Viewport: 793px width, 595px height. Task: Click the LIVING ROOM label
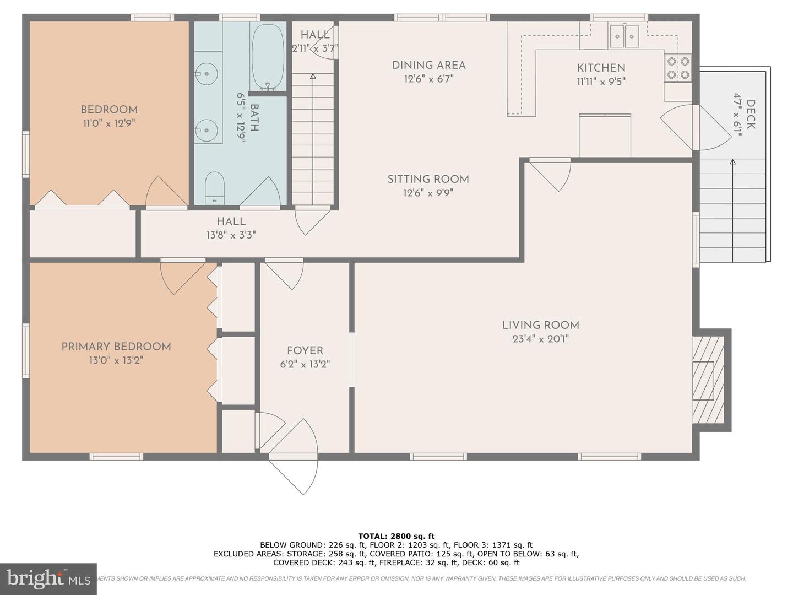pyautogui.click(x=540, y=325)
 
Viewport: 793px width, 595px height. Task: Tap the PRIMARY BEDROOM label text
pyautogui.click(x=116, y=347)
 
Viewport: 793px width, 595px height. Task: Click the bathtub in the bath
pyautogui.click(x=268, y=56)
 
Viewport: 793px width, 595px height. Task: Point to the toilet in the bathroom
pyautogui.click(x=214, y=188)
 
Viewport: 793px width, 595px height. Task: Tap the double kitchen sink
pyautogui.click(x=624, y=36)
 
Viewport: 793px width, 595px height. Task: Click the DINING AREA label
pyautogui.click(x=428, y=65)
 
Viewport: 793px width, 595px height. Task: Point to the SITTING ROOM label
pyautogui.click(x=428, y=179)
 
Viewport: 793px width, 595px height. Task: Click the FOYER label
pyautogui.click(x=305, y=350)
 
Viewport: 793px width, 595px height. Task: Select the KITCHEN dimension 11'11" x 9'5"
pyautogui.click(x=601, y=82)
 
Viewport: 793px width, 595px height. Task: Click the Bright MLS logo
pyautogui.click(x=48, y=578)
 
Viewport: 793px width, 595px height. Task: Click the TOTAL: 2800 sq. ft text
pyautogui.click(x=396, y=536)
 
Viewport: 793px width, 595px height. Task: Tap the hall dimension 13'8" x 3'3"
pyautogui.click(x=231, y=235)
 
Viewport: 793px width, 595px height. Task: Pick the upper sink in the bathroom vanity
pyautogui.click(x=206, y=72)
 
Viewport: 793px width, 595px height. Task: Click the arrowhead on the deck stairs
pyautogui.click(x=732, y=162)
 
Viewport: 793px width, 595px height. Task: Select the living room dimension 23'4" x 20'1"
pyautogui.click(x=540, y=339)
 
